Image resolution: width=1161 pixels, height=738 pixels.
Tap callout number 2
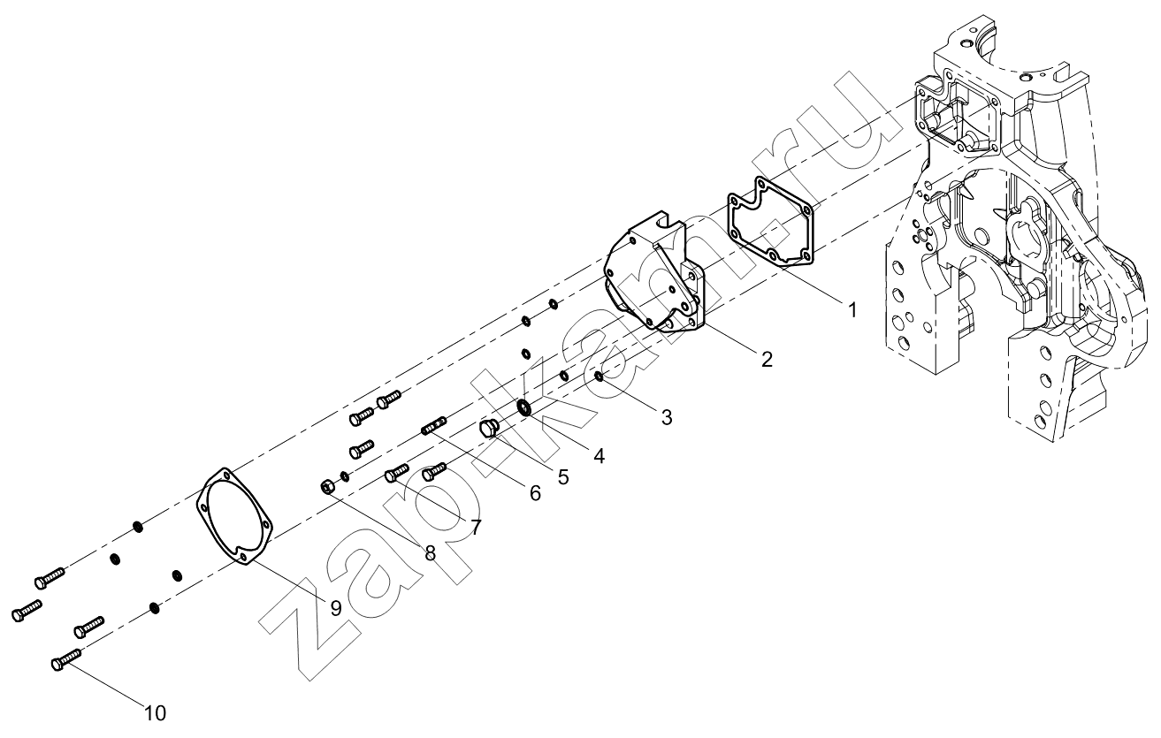[768, 359]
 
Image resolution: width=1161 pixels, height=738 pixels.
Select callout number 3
[667, 417]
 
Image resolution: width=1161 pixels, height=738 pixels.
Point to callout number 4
[600, 456]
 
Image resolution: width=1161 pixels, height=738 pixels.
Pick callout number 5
[563, 477]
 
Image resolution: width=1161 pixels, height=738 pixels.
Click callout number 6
[535, 493]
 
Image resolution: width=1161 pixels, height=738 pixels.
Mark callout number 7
[476, 528]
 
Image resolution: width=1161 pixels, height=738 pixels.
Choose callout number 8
[431, 553]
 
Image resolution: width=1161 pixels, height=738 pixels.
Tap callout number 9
[336, 608]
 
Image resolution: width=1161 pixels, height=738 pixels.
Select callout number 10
[155, 713]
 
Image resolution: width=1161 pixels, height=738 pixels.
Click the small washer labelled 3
[599, 376]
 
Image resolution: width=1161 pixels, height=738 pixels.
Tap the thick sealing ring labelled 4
[524, 407]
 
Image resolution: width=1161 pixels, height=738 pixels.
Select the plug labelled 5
[488, 429]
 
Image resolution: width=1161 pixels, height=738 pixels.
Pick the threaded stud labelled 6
[433, 427]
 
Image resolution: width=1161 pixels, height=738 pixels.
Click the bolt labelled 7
[397, 473]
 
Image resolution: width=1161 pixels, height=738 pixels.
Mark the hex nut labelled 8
[327, 486]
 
